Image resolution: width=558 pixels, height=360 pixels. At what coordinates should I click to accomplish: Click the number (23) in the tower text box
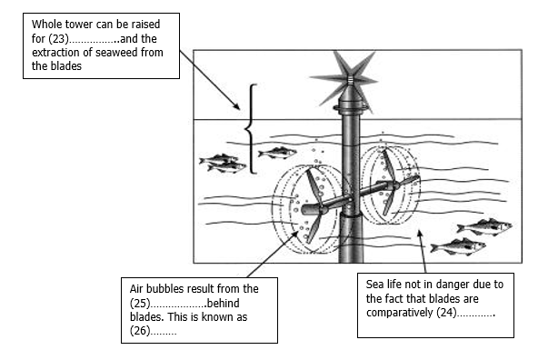click(58, 38)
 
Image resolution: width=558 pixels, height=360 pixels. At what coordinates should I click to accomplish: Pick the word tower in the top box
click(78, 25)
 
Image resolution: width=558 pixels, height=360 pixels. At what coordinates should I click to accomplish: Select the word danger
click(453, 285)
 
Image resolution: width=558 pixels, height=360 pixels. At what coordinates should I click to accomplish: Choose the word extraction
click(56, 53)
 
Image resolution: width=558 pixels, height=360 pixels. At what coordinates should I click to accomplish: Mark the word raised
click(145, 25)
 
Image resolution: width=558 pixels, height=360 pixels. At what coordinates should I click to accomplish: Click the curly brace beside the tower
click(250, 129)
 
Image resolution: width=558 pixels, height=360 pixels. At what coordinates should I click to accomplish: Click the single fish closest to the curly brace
click(277, 153)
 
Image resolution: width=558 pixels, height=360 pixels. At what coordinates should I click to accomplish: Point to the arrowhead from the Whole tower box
click(236, 106)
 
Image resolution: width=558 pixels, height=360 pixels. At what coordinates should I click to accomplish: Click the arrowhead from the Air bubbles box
click(295, 234)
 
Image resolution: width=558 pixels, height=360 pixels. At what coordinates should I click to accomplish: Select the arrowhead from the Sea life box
click(420, 234)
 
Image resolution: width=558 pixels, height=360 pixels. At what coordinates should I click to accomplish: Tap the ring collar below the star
click(351, 107)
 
